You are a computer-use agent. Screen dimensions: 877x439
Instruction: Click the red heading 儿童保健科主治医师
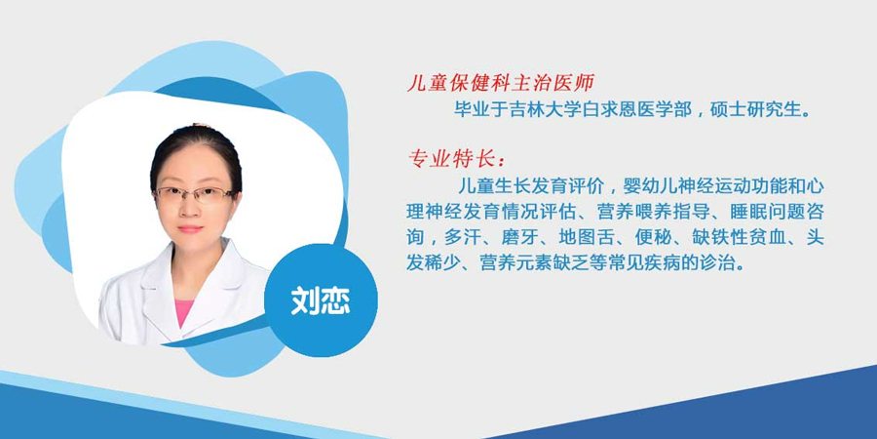pyautogui.click(x=500, y=84)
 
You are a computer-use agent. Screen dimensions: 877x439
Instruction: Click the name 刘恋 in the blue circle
pyautogui.click(x=321, y=301)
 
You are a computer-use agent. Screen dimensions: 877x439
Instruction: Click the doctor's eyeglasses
pyautogui.click(x=194, y=194)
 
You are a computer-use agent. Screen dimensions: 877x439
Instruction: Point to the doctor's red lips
pyautogui.click(x=191, y=229)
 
